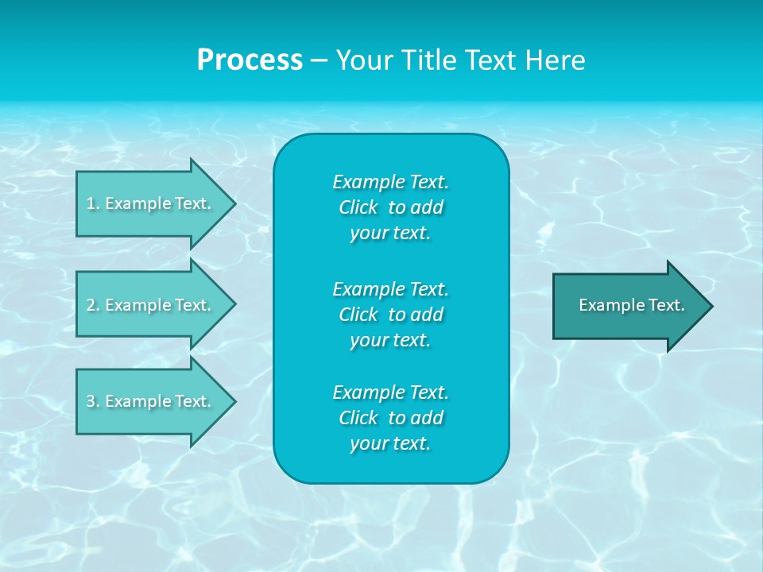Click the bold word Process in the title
(250, 60)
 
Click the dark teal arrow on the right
(628, 305)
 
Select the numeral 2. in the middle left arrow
(93, 305)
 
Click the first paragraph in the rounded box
(390, 207)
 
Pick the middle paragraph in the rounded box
(390, 315)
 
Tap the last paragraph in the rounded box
(390, 418)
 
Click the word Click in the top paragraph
(358, 207)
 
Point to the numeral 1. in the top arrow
(92, 203)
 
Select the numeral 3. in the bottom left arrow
(93, 401)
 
